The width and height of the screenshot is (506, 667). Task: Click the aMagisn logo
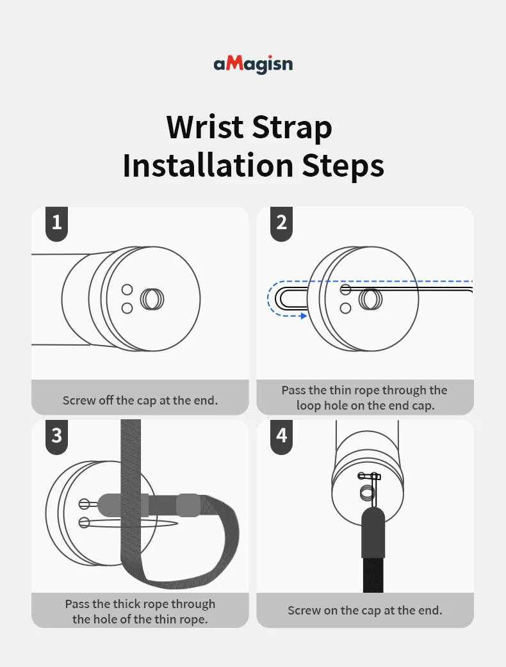point(253,64)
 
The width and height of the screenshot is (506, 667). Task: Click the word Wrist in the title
point(205,127)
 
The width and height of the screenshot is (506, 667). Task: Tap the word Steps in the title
point(343,165)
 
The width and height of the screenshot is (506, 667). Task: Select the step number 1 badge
point(56,224)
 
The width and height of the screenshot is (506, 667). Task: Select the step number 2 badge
point(281,224)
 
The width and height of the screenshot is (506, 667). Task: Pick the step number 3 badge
point(56,437)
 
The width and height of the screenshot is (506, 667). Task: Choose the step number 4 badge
point(281,437)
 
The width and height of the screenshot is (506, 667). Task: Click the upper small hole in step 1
point(127,290)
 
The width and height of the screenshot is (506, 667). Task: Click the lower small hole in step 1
point(127,307)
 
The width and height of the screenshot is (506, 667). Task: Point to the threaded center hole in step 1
point(152,299)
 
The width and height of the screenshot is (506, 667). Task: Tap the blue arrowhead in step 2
point(303,316)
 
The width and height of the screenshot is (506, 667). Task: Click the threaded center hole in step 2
point(370,299)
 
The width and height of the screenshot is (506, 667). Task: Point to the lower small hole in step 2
point(346,307)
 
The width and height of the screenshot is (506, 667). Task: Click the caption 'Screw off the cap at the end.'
point(140,400)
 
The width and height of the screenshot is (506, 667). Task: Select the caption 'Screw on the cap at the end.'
point(364,611)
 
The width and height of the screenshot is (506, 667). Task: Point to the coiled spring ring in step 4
point(368,494)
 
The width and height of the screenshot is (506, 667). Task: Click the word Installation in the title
point(208,165)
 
